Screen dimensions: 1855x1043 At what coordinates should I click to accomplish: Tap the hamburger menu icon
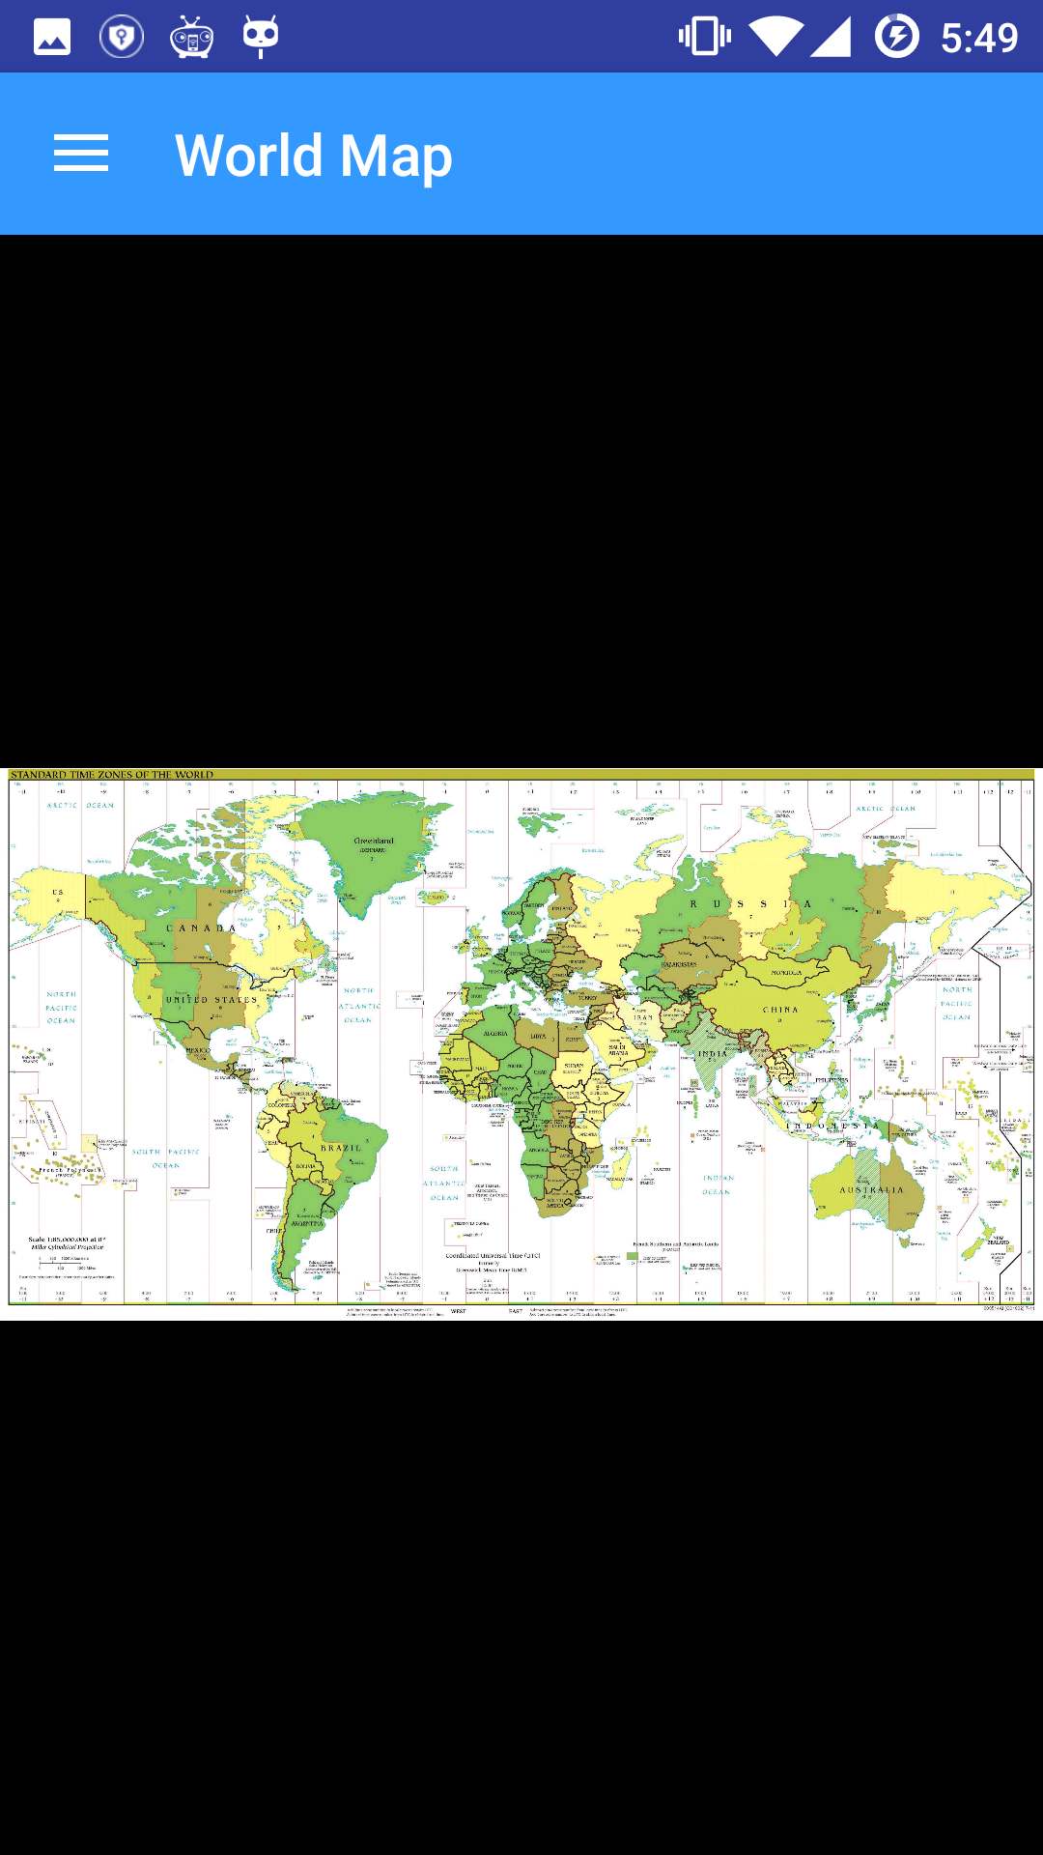(x=81, y=154)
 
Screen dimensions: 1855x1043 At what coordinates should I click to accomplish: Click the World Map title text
(x=313, y=156)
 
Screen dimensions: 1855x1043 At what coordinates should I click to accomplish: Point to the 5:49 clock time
(x=978, y=38)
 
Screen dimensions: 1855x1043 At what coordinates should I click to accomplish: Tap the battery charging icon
(x=897, y=37)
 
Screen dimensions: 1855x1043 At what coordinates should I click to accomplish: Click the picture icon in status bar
(x=52, y=38)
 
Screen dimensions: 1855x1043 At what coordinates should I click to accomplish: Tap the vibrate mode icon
(x=704, y=37)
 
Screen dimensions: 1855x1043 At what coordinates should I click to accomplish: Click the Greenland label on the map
(x=374, y=842)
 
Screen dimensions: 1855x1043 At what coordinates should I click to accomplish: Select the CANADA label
(x=201, y=928)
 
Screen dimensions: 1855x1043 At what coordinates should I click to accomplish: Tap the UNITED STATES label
(x=211, y=1000)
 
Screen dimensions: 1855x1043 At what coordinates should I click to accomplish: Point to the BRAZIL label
(x=341, y=1148)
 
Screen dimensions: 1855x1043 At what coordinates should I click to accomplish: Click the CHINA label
(x=780, y=1010)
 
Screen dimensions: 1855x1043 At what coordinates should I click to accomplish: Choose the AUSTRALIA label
(x=871, y=1190)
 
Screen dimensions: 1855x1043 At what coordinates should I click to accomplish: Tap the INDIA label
(x=713, y=1054)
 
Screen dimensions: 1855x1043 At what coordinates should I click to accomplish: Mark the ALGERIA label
(x=495, y=1034)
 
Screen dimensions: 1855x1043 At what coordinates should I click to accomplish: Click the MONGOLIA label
(x=786, y=973)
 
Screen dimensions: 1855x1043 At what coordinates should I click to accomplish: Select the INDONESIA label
(x=832, y=1127)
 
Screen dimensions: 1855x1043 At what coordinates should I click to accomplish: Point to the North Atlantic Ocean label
(x=358, y=1005)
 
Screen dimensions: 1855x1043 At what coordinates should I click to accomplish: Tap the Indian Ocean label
(x=718, y=1184)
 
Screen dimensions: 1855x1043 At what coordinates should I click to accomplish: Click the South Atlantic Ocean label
(x=444, y=1183)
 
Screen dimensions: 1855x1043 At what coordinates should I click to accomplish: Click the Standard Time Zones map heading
(x=112, y=775)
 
